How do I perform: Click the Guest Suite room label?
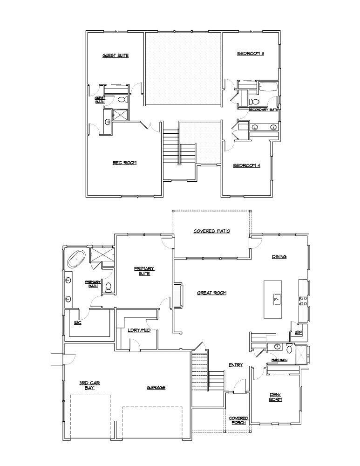click(x=115, y=55)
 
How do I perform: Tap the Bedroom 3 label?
click(x=251, y=54)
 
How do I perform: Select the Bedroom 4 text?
click(x=246, y=165)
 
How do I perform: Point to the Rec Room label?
click(x=124, y=163)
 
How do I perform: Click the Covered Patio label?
click(x=212, y=231)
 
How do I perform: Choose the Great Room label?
click(x=211, y=293)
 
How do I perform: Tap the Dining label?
click(x=279, y=257)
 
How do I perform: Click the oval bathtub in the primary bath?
click(x=76, y=258)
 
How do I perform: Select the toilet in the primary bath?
click(x=109, y=287)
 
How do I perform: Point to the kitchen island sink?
click(x=276, y=299)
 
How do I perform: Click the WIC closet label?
click(x=78, y=322)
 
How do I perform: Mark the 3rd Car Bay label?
click(x=89, y=385)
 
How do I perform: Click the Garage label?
click(x=156, y=387)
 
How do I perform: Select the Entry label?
click(x=236, y=365)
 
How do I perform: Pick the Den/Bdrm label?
click(x=275, y=397)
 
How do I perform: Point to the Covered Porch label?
click(x=239, y=420)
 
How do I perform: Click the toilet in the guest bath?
click(x=122, y=99)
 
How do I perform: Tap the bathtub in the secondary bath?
click(x=267, y=86)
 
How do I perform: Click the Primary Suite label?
click(x=144, y=271)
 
